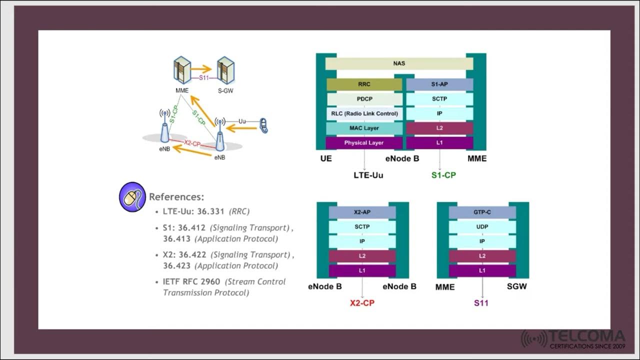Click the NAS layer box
399,63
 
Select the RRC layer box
364,84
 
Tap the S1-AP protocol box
439,84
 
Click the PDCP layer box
364,99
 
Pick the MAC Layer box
364,128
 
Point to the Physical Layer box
364,143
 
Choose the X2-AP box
362,212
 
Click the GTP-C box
482,212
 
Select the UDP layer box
482,227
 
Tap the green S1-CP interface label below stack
443,175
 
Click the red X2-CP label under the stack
362,303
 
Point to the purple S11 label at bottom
481,303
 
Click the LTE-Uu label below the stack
368,175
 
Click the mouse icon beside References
132,197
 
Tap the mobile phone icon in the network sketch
264,126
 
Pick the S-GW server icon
225,70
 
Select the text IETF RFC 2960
191,281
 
